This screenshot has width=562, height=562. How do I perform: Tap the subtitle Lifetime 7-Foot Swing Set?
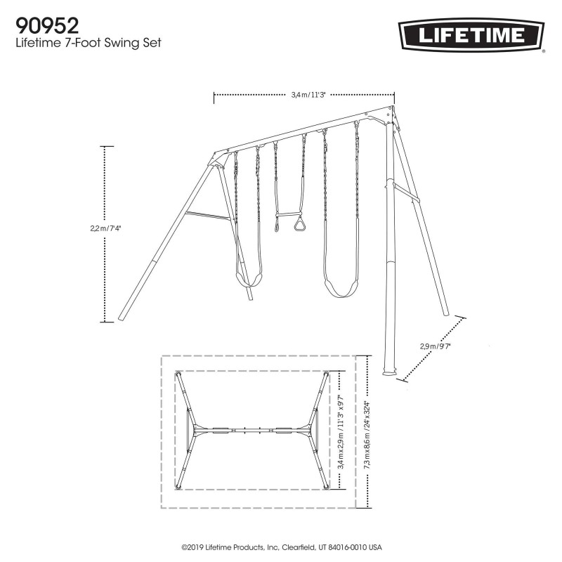tap(89, 44)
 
